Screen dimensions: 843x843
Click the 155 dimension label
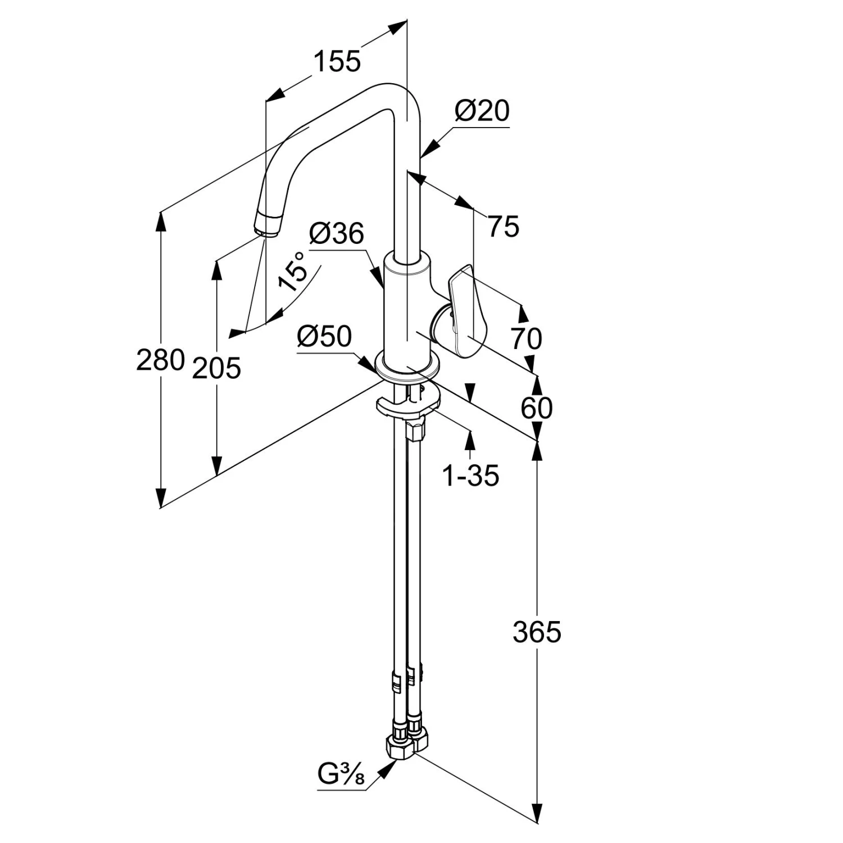336,61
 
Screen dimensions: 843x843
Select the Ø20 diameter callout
482,111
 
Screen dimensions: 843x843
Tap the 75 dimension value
503,226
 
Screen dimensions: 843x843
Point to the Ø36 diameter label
336,234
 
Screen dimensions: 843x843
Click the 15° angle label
293,271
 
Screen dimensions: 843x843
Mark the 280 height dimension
160,360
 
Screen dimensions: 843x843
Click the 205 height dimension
216,369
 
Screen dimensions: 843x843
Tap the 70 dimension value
526,339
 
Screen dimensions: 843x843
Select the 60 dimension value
536,408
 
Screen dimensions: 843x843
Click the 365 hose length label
537,632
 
